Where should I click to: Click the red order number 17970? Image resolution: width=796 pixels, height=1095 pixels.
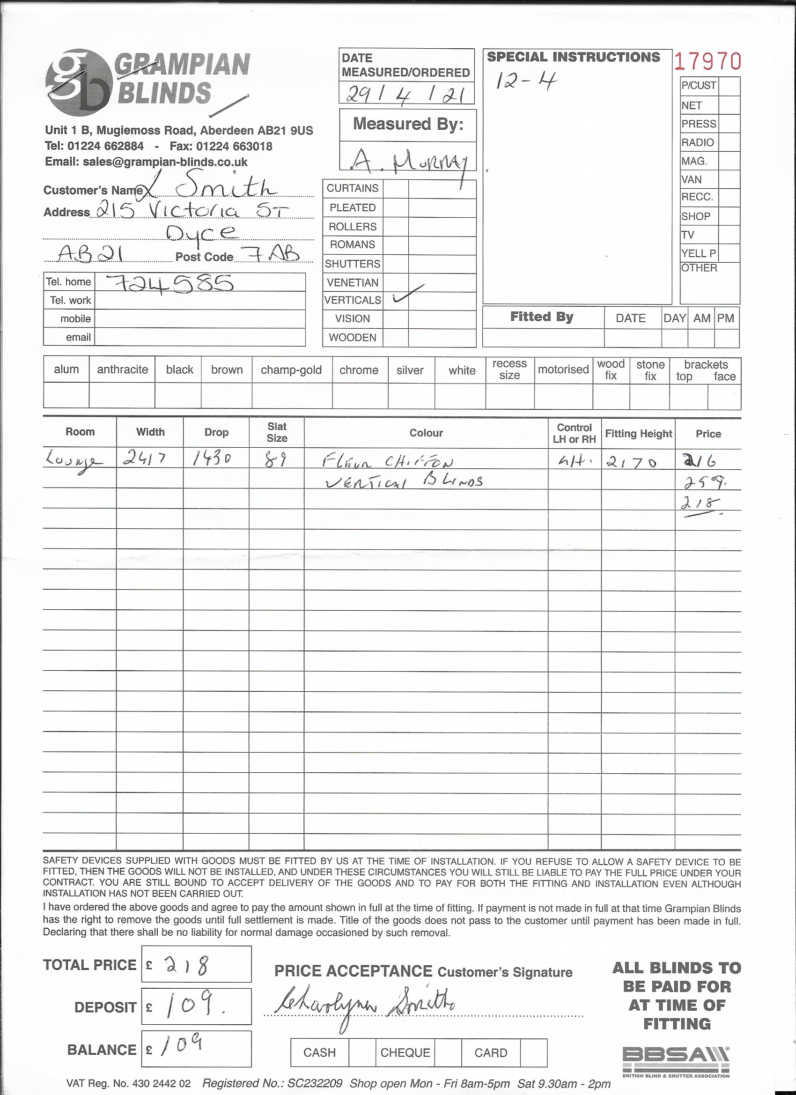click(x=707, y=62)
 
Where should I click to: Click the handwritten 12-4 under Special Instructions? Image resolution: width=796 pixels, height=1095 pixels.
click(x=526, y=81)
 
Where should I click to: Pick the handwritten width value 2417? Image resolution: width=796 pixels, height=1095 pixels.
click(x=144, y=458)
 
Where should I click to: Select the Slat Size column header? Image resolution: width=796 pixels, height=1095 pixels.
click(x=277, y=433)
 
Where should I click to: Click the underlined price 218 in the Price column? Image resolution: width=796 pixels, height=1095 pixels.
click(x=700, y=503)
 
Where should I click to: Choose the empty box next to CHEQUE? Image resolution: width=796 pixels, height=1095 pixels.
click(x=448, y=1052)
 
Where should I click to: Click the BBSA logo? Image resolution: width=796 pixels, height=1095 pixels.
click(x=675, y=1060)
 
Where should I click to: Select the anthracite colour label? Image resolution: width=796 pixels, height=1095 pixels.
click(x=122, y=370)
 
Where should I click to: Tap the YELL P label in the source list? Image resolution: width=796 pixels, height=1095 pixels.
click(x=699, y=253)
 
